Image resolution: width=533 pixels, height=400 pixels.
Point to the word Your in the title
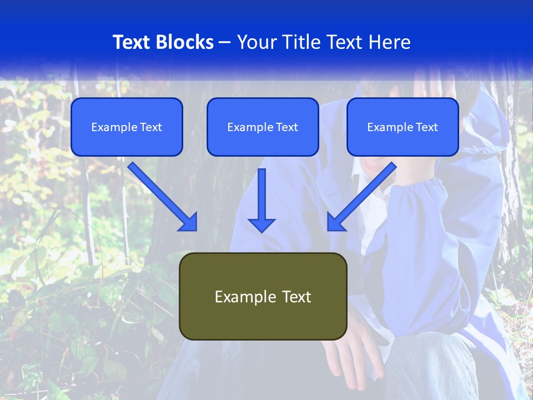256,42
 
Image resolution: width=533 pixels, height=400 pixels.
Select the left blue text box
127,127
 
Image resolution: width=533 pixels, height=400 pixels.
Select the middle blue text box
263,127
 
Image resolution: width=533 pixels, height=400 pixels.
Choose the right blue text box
403,127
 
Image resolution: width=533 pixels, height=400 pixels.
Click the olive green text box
263,296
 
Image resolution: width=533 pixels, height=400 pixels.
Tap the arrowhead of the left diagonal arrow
189,222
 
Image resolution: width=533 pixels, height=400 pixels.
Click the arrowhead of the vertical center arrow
262,225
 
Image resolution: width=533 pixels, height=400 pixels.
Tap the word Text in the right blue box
426,127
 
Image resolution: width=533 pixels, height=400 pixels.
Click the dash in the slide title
225,43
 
